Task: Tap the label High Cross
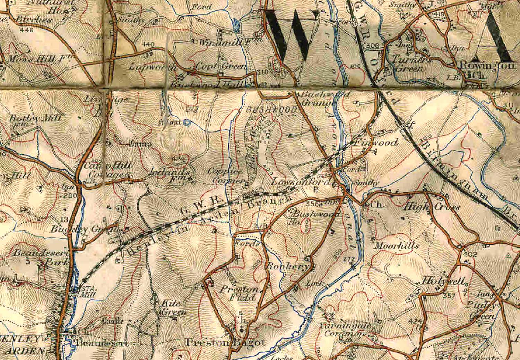433,208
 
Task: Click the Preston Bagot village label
225,343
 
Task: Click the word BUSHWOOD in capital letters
271,110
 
